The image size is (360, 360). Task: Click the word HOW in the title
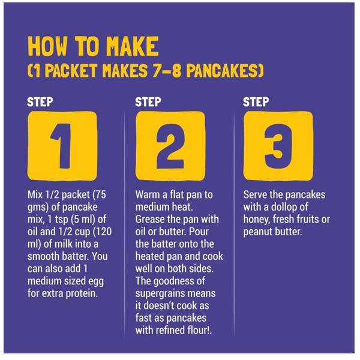47,46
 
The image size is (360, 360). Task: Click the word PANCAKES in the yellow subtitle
225,70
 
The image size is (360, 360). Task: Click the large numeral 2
170,146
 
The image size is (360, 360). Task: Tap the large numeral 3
278,146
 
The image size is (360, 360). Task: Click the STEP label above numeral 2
148,102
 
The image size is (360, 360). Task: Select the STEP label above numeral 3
256,102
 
